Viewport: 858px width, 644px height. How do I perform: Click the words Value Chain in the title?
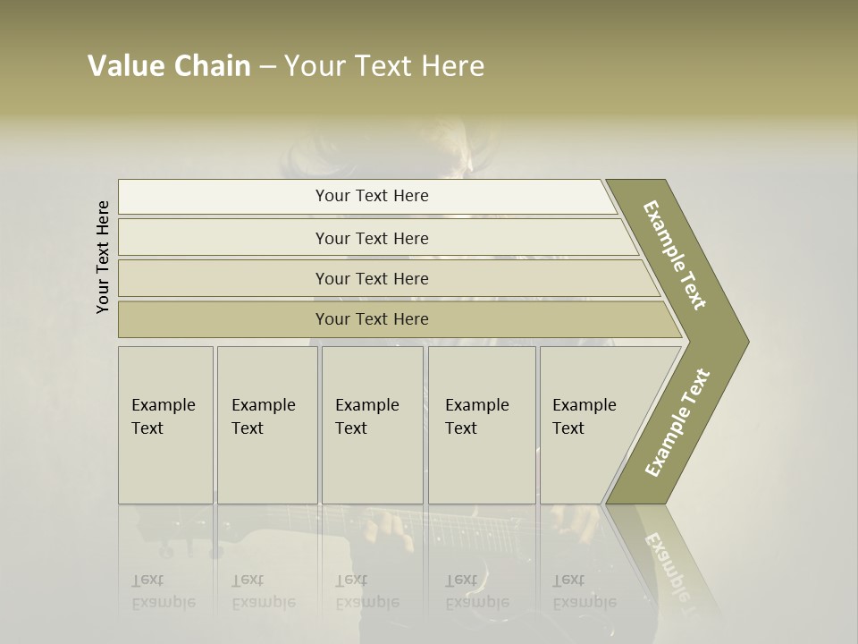[x=169, y=66]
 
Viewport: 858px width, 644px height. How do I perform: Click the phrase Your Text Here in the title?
[x=384, y=66]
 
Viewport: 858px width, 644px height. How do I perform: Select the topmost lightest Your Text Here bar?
[x=371, y=196]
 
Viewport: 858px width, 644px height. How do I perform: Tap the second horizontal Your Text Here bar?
[x=371, y=238]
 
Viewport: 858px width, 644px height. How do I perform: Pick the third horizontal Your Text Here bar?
[x=371, y=278]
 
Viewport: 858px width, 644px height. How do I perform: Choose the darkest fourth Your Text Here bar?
[x=371, y=319]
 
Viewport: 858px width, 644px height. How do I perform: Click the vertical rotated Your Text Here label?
[x=103, y=257]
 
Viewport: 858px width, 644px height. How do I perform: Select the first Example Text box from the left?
[x=165, y=425]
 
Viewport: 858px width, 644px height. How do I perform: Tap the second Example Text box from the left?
[x=266, y=425]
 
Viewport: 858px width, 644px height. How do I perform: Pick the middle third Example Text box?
[x=372, y=425]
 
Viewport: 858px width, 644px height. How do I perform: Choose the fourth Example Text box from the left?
[x=481, y=425]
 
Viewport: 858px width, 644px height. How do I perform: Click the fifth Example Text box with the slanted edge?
[x=590, y=425]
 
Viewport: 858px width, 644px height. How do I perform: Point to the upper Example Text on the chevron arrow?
[x=675, y=255]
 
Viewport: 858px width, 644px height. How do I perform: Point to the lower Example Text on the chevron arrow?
[x=677, y=423]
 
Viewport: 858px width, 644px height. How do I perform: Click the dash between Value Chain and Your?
[x=267, y=67]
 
